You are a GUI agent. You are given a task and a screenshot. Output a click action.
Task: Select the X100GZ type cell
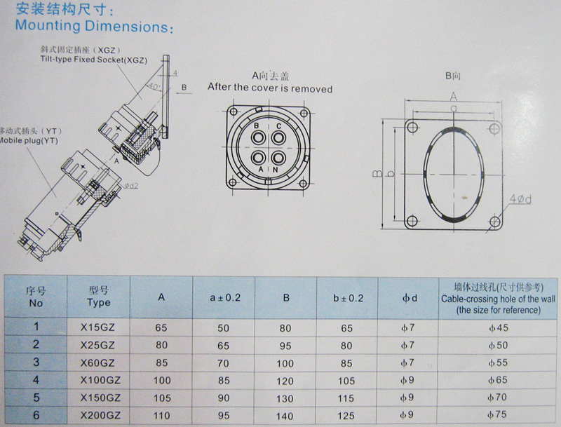(x=100, y=380)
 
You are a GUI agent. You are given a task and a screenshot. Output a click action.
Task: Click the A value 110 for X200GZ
(x=162, y=415)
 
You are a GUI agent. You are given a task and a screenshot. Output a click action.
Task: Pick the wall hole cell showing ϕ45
(x=499, y=327)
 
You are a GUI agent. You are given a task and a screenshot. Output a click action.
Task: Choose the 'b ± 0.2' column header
(x=348, y=298)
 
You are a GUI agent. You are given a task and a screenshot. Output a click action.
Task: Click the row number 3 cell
(x=36, y=362)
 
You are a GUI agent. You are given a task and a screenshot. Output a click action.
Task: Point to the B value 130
(x=285, y=398)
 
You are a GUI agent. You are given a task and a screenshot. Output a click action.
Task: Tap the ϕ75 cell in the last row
(x=497, y=414)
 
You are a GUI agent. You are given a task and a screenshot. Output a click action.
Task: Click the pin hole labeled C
(x=278, y=137)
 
